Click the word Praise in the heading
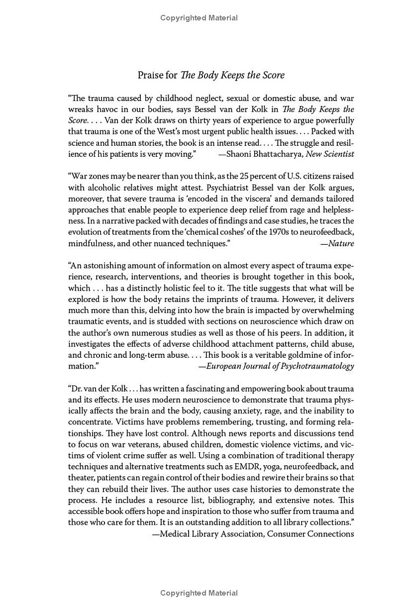(151, 76)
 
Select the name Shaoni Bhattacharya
(264, 154)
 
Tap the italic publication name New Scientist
(330, 154)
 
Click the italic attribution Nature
(341, 243)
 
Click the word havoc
(109, 109)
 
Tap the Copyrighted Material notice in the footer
(199, 593)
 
